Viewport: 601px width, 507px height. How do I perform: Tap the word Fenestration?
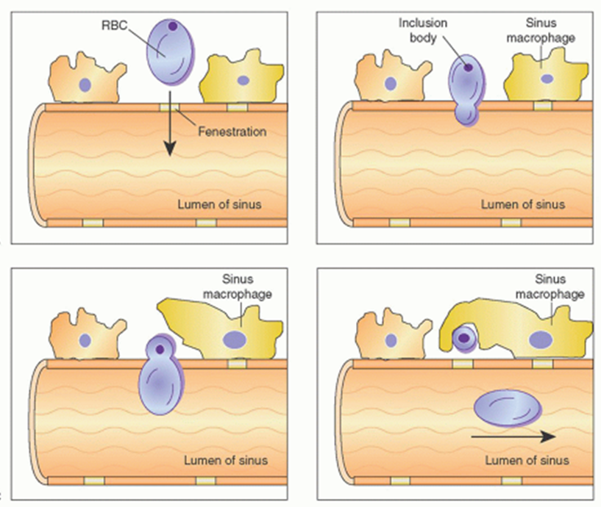click(x=232, y=132)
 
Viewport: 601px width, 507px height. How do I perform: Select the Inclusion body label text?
click(x=423, y=29)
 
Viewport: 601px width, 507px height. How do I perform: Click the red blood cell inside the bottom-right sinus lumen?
click(x=508, y=409)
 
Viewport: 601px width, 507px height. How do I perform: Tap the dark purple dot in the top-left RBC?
click(x=172, y=27)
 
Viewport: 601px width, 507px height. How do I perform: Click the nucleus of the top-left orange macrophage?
click(x=85, y=85)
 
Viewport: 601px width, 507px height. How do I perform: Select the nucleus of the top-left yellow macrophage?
click(x=243, y=80)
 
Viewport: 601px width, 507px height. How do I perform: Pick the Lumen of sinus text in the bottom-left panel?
click(x=226, y=461)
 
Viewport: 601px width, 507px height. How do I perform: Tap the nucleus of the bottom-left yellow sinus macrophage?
click(x=235, y=339)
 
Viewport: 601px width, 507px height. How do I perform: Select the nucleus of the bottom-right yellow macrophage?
click(x=541, y=339)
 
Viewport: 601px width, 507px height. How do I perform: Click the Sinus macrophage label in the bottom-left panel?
click(x=246, y=287)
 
